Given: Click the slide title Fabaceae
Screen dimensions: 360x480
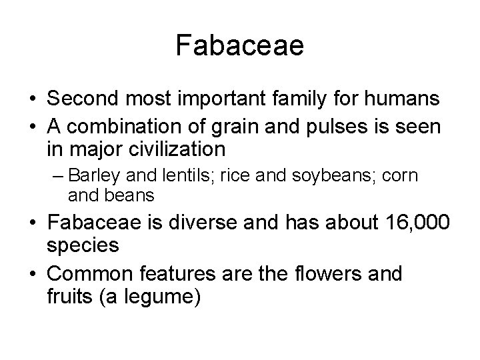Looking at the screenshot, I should point(240,46).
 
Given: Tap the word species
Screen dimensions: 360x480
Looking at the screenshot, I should point(83,245).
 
